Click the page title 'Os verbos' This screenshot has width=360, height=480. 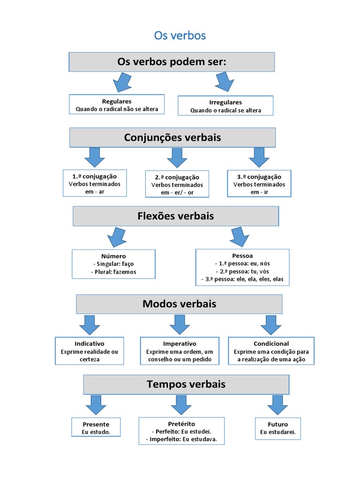point(180,36)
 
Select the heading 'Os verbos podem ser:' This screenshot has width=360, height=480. point(172,62)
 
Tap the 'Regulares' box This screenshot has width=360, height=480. point(117,105)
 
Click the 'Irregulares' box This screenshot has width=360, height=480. point(225,106)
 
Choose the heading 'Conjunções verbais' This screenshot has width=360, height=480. point(172,137)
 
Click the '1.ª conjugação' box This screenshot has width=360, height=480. point(95,183)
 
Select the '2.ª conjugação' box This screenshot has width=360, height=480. point(177,184)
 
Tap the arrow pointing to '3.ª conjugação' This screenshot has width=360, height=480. point(259,157)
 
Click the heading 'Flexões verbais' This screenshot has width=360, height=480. point(176,216)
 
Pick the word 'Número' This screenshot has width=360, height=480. point(113,256)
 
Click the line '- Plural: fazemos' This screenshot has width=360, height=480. point(113,272)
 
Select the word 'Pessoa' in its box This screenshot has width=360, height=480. point(242,256)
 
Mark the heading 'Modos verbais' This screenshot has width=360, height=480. point(179,304)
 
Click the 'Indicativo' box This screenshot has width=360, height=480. point(90,351)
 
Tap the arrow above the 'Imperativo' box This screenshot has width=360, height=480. point(179,324)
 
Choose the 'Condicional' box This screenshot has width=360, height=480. point(271,351)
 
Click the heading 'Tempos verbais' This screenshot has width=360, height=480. point(186,384)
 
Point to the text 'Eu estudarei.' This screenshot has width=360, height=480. point(278,432)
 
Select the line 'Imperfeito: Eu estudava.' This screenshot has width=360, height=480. point(181,439)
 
